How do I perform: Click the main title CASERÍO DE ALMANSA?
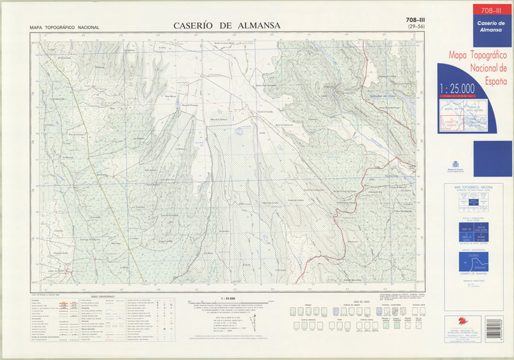226,26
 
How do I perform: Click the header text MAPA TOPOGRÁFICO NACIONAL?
64,28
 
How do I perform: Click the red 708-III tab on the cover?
491,9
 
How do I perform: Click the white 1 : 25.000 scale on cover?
457,88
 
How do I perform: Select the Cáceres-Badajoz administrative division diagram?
474,262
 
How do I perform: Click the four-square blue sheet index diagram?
474,233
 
